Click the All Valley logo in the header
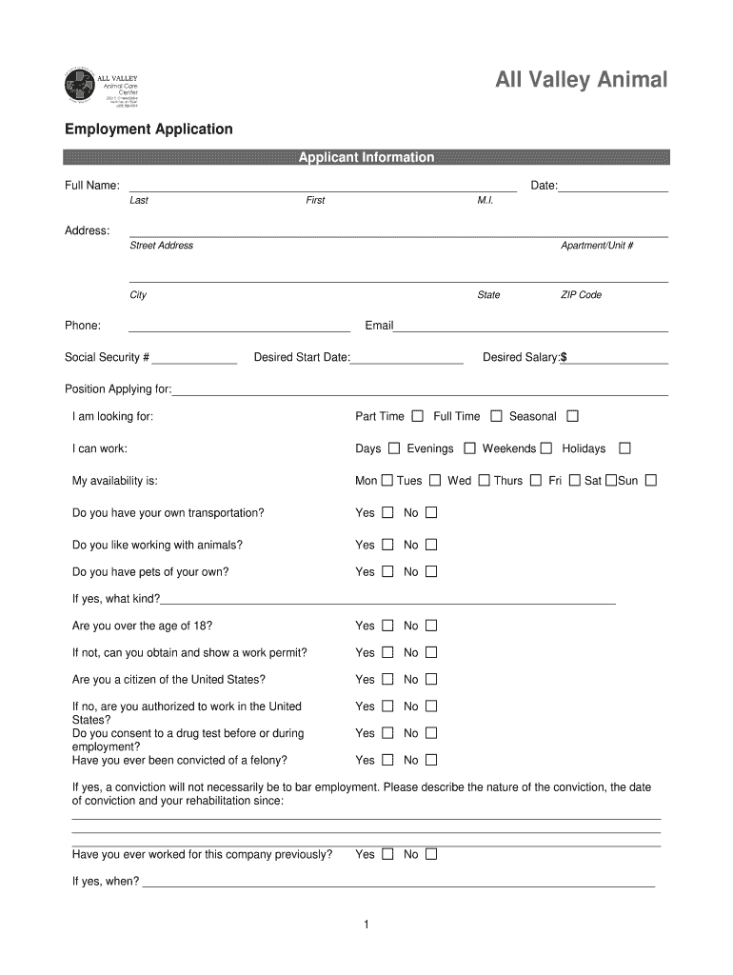102,87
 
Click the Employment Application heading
149,129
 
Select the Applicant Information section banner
366,157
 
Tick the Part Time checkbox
418,416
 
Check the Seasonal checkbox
572,416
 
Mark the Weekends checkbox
546,448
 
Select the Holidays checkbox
624,448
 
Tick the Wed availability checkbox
485,481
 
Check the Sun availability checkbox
651,481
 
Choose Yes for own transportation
387,513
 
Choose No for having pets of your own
431,572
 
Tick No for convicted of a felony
431,761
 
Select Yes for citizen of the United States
387,680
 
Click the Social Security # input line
194,359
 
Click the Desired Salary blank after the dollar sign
618,359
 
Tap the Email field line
530,327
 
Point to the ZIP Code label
581,295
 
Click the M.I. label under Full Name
485,201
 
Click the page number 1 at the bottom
366,925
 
